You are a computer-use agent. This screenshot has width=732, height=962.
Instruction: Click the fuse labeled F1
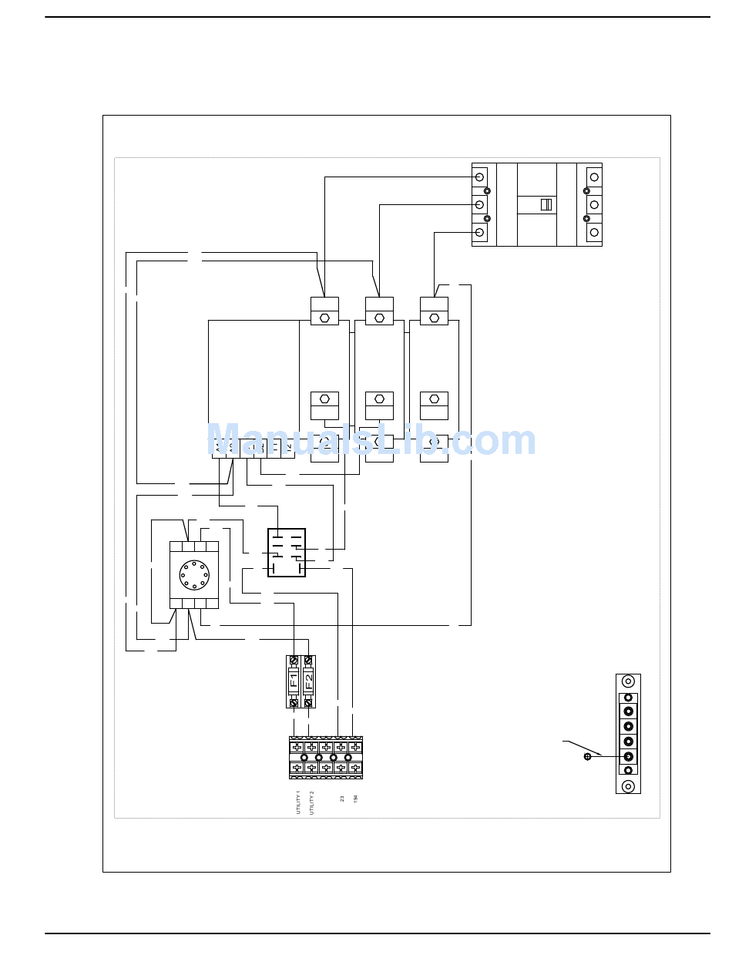click(x=294, y=681)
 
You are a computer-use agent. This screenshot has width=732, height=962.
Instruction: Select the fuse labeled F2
click(x=309, y=681)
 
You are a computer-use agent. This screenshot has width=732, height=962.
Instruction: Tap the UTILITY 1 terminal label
click(x=298, y=802)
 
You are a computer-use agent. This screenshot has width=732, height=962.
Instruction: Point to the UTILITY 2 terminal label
click(x=312, y=802)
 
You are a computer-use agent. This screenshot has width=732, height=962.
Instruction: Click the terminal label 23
click(x=342, y=799)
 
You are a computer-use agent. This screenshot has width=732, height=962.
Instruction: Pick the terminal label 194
click(x=355, y=799)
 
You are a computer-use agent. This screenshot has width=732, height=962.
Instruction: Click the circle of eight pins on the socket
click(x=193, y=574)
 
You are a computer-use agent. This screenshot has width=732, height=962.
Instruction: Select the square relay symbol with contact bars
click(x=287, y=553)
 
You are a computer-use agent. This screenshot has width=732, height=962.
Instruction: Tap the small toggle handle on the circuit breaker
click(x=546, y=204)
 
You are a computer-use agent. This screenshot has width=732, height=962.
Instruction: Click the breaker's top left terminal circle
click(x=479, y=177)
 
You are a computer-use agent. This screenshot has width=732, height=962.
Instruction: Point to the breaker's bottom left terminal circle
click(x=479, y=232)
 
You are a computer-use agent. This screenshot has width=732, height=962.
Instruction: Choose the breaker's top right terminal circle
click(x=594, y=177)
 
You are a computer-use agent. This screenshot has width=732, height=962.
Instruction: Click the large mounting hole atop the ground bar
click(x=629, y=681)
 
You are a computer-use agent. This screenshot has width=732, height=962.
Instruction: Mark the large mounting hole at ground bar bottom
click(x=629, y=786)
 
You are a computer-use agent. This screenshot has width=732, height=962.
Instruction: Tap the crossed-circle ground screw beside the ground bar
click(x=587, y=757)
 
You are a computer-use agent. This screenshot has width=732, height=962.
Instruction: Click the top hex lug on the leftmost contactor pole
click(x=324, y=318)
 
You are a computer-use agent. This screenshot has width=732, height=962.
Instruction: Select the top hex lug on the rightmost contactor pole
click(x=435, y=318)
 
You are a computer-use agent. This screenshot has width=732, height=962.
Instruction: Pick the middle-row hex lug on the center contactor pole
click(x=379, y=399)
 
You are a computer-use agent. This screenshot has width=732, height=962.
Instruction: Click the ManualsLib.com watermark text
click(x=371, y=441)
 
